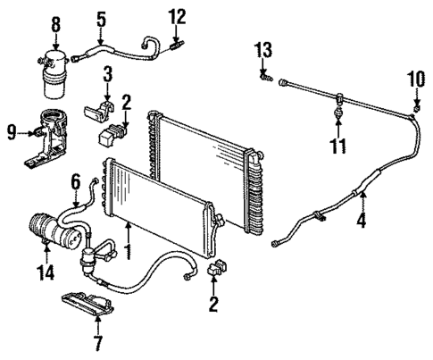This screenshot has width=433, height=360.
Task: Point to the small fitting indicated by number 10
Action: [416, 109]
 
